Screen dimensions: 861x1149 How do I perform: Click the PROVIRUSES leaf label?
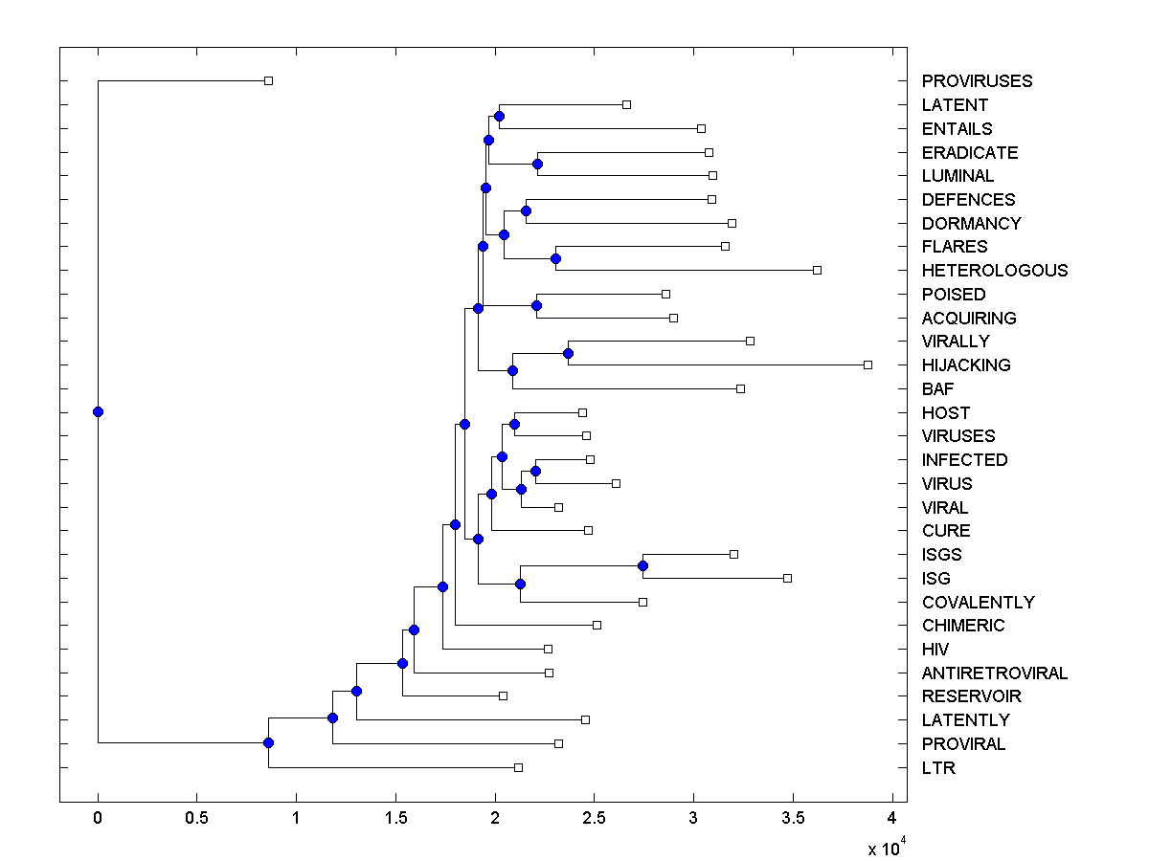coord(977,81)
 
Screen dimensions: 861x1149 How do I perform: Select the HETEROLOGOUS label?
coord(994,271)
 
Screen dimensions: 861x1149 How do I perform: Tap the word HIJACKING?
coord(965,365)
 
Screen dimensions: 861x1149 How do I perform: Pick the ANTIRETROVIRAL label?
coord(994,673)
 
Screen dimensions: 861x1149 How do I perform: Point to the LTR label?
coord(938,768)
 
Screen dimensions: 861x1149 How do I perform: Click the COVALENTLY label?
coord(978,603)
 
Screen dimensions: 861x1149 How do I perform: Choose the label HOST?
coord(945,413)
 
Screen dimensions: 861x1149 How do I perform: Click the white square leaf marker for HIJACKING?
coord(867,364)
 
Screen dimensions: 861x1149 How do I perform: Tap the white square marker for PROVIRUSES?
coord(268,80)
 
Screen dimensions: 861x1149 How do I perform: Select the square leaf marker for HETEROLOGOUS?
coord(817,270)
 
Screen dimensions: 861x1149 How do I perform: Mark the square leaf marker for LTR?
coord(518,767)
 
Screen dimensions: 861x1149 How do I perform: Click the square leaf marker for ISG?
coord(787,578)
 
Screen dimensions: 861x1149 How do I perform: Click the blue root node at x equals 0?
coord(98,411)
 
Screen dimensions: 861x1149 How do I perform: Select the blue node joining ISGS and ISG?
coord(642,565)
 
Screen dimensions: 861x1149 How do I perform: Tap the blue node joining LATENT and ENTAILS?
coord(499,116)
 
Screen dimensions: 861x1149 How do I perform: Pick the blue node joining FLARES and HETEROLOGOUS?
coord(555,258)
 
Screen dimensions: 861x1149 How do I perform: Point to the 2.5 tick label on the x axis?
coord(594,819)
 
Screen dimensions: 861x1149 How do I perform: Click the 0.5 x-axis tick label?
coord(196,819)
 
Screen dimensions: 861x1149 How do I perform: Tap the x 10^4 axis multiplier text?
coord(885,849)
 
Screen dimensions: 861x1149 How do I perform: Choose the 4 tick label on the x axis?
coord(892,819)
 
